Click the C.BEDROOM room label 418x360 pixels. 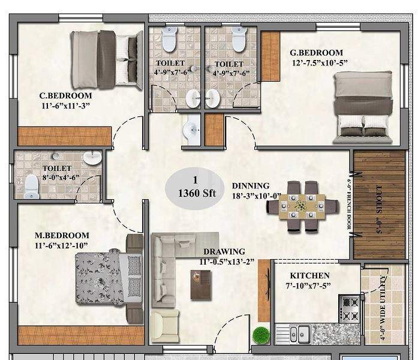coord(65,95)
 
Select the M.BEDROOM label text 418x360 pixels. coord(62,235)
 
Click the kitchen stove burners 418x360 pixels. coord(350,309)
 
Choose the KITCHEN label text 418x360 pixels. coord(310,275)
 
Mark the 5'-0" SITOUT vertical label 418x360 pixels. coord(378,203)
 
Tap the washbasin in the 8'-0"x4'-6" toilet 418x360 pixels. coord(92,158)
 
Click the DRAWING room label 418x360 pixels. coord(224,251)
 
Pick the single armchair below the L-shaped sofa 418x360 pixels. coord(164,324)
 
